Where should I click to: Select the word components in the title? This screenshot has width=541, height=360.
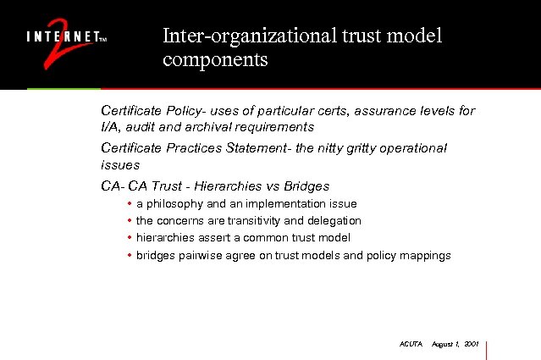pos(215,61)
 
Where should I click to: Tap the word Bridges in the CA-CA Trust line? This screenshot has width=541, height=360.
pos(307,186)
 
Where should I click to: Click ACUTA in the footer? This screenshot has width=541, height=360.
pos(410,345)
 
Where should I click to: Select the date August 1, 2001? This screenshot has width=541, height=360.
pos(455,345)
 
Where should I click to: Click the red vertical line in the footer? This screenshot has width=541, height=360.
pos(488,349)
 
